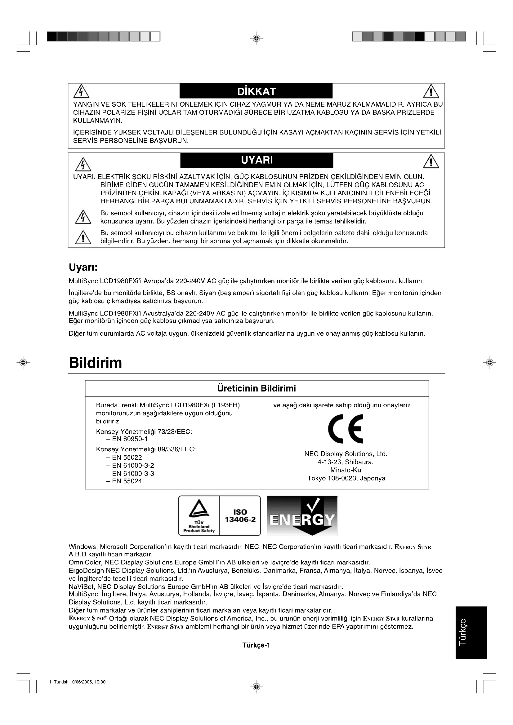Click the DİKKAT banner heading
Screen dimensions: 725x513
[x=256, y=91]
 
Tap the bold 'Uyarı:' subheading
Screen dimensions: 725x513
[x=83, y=267]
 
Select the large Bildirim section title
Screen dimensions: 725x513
[x=96, y=363]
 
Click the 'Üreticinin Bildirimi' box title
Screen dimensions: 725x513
[x=256, y=388]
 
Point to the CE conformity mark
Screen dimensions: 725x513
[x=346, y=429]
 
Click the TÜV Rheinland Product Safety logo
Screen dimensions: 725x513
[x=199, y=516]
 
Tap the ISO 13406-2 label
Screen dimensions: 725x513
[x=240, y=516]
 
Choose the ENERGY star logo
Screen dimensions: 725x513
[x=302, y=516]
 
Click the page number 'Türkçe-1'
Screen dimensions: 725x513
[x=256, y=645]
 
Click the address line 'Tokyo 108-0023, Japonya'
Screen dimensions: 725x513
[x=346, y=478]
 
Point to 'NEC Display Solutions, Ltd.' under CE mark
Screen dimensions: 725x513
[x=346, y=454]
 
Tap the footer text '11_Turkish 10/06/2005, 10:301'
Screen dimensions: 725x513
[x=77, y=691]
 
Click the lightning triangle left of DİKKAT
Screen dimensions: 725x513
[x=81, y=92]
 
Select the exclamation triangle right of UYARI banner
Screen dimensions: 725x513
[x=431, y=162]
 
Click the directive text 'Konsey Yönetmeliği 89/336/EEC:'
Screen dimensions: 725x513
[x=146, y=449]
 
